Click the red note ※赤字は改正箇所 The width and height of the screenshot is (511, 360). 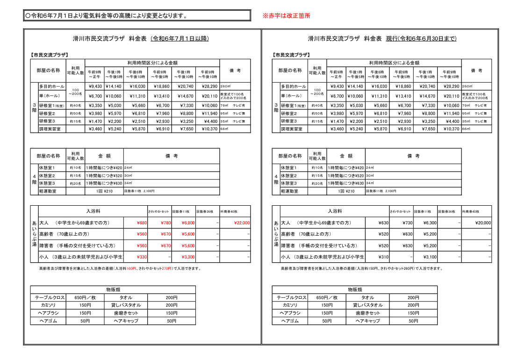pos(286,16)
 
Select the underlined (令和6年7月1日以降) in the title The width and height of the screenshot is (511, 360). pos(180,39)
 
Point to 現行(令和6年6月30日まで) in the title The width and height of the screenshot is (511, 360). pos(421,39)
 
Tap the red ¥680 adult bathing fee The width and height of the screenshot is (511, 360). pos(142,223)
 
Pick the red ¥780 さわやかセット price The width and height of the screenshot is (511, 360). pos(166,223)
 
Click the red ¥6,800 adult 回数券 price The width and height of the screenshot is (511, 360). pos(188,223)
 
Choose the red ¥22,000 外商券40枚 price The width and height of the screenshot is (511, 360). pos(242,223)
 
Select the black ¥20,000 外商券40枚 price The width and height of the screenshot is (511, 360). pos(483,223)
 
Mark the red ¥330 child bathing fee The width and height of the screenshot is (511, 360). pos(142,257)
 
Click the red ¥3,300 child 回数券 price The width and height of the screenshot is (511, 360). pos(188,257)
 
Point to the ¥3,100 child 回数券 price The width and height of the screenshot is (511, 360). pos(430,257)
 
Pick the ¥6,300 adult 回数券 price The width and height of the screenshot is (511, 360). pos(430,223)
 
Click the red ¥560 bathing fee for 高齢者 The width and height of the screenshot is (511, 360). pos(142,234)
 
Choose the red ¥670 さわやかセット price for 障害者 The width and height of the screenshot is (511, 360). pos(166,246)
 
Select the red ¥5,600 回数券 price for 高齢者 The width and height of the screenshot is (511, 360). pos(188,234)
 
